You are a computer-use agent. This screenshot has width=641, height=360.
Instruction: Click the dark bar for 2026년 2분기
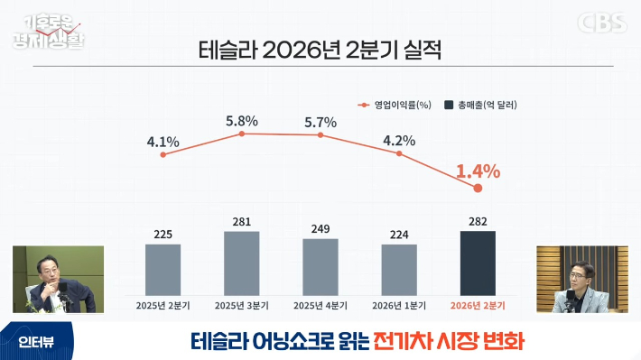coord(478,263)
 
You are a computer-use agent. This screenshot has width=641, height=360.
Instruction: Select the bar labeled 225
coord(163,270)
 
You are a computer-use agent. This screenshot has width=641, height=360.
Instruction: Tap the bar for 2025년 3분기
coord(242,263)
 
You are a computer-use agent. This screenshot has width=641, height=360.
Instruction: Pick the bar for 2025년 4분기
coord(320,267)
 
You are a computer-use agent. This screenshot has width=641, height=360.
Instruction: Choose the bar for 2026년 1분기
coord(399,270)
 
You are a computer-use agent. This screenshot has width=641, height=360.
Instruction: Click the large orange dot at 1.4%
coord(478,188)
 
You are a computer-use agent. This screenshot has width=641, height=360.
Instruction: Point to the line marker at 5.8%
coord(242,134)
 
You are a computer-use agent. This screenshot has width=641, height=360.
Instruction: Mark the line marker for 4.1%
coord(163,155)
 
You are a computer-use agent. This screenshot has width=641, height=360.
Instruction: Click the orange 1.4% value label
coord(478,171)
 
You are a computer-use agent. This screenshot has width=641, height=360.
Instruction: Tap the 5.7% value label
coord(320,122)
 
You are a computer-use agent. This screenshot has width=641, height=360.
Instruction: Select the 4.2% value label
coord(399,141)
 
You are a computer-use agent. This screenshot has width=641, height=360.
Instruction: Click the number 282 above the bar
coord(478,221)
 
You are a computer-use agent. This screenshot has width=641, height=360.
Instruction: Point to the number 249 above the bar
coord(320,229)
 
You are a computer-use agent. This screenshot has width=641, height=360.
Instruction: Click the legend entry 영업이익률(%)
coord(395,105)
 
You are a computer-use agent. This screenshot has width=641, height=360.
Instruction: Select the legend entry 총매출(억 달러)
coord(480,105)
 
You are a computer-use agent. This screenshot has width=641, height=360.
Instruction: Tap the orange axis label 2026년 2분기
coord(478,306)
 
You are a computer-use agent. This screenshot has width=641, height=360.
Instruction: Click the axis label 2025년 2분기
coord(163,306)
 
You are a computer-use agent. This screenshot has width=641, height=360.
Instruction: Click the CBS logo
coord(602,23)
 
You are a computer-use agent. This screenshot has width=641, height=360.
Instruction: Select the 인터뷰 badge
coord(36,342)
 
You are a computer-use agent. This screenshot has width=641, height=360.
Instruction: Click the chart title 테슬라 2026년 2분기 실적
coord(320,51)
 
